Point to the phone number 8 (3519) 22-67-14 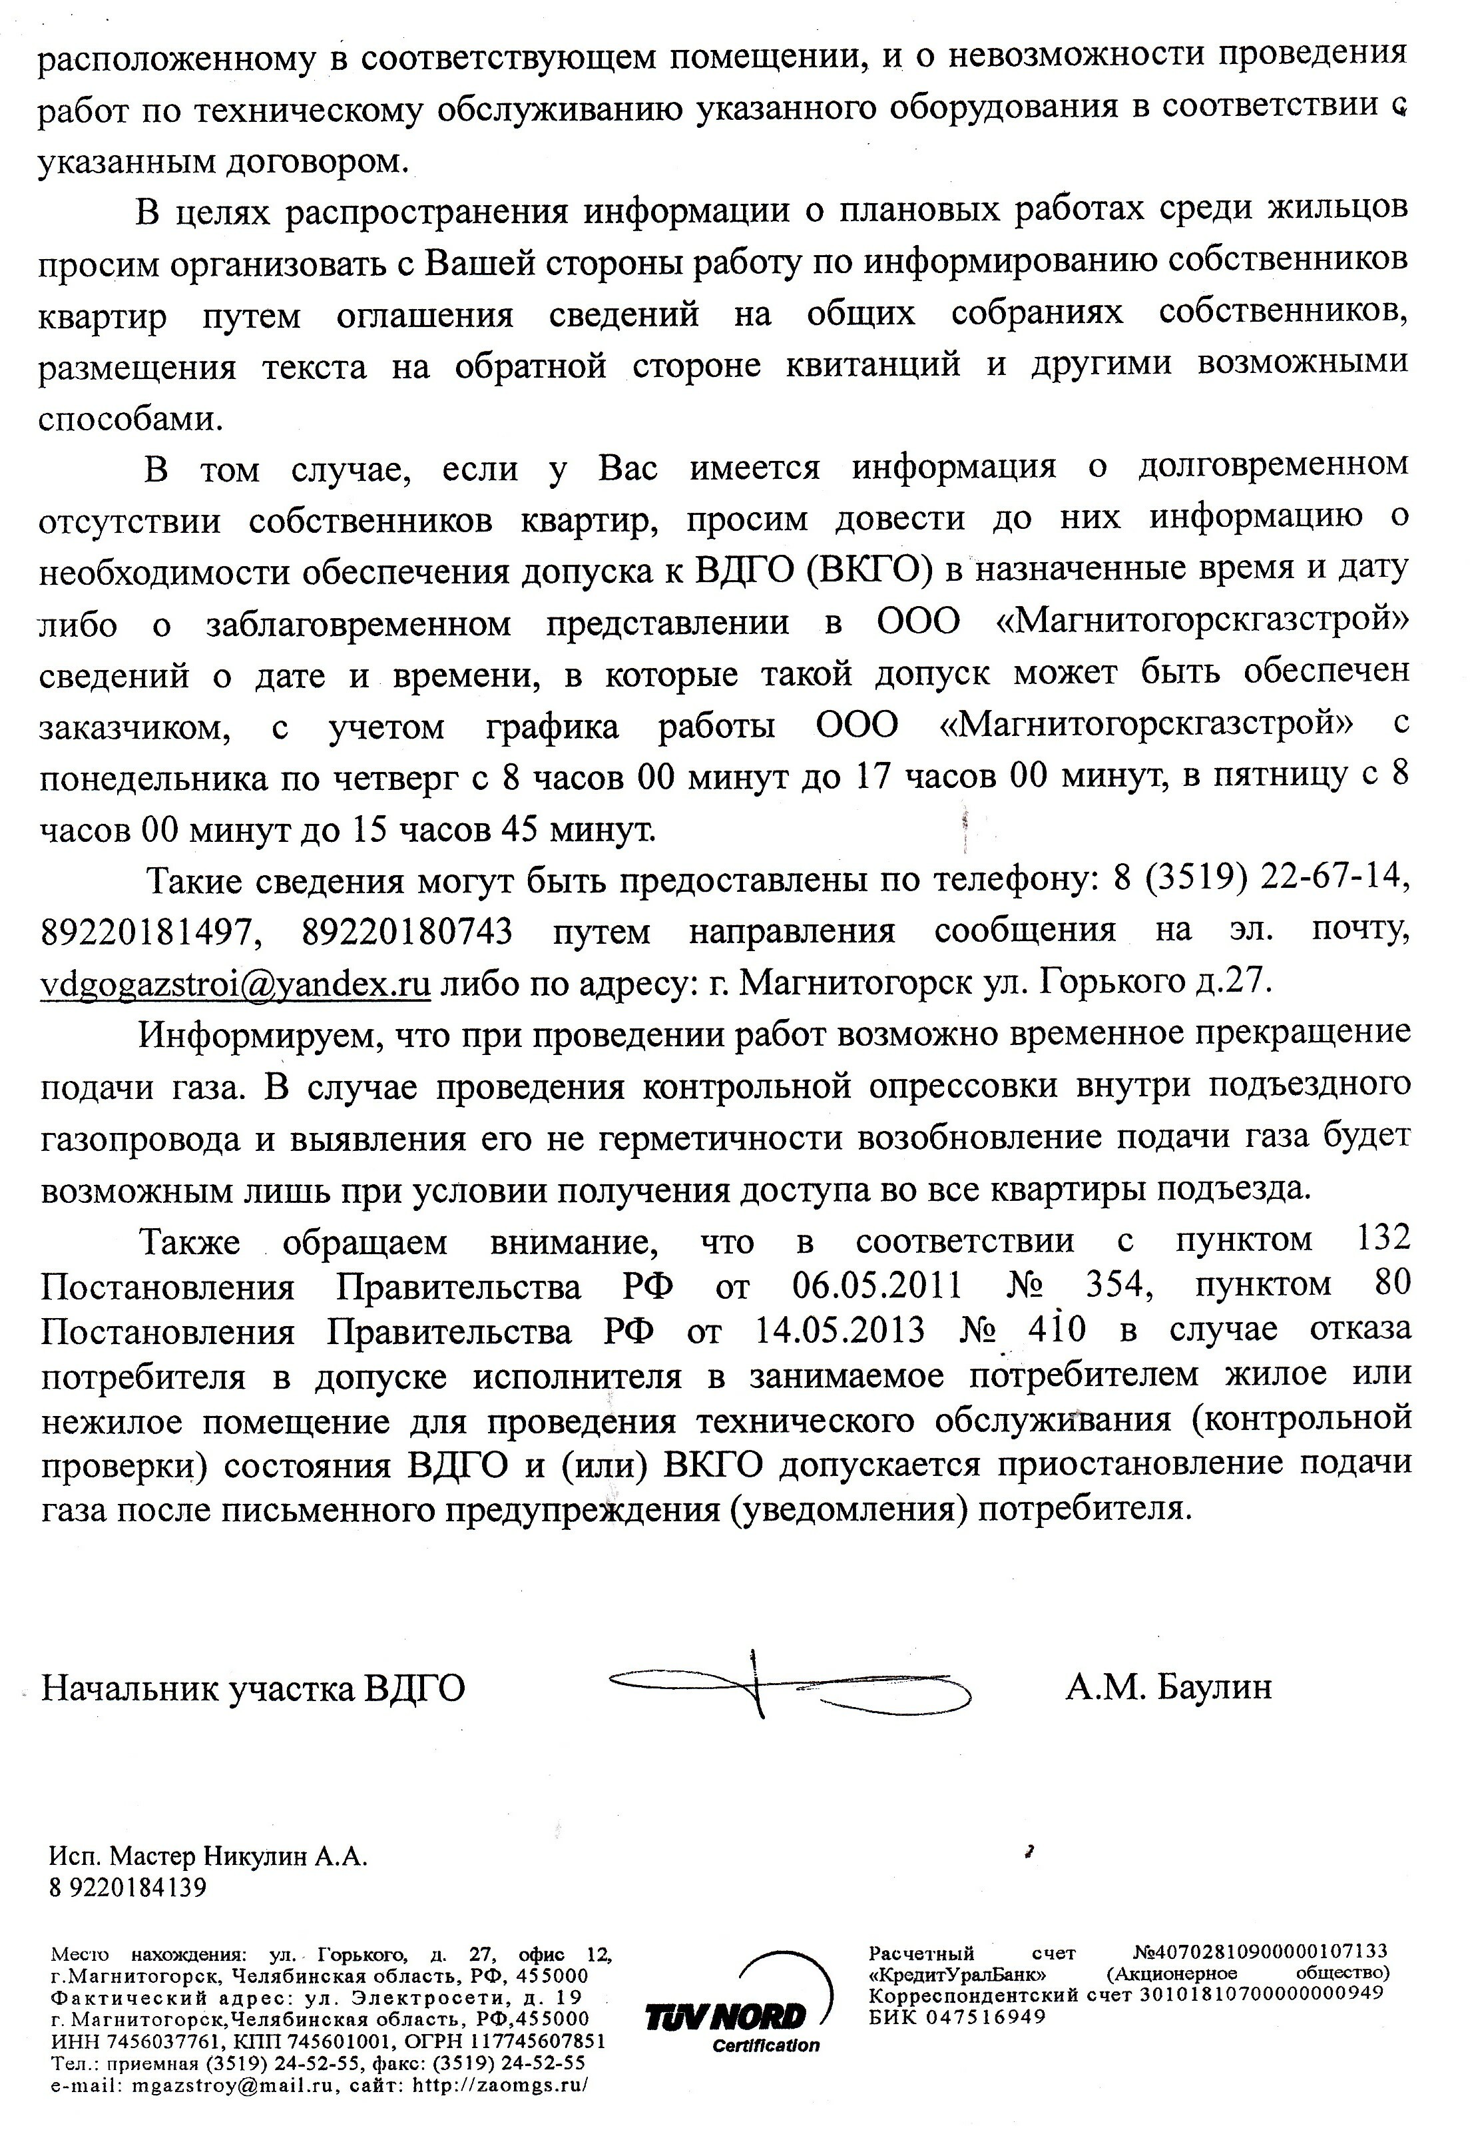point(1260,880)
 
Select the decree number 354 point(1112,1285)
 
